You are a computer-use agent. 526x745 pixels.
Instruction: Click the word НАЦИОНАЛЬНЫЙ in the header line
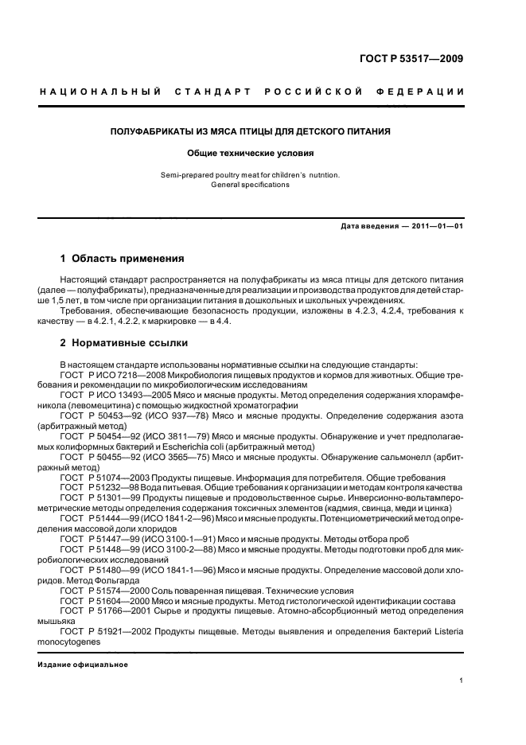coord(101,94)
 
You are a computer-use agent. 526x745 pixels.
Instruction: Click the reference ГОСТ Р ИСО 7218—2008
coord(111,373)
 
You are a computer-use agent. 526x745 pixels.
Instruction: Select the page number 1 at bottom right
coord(462,681)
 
